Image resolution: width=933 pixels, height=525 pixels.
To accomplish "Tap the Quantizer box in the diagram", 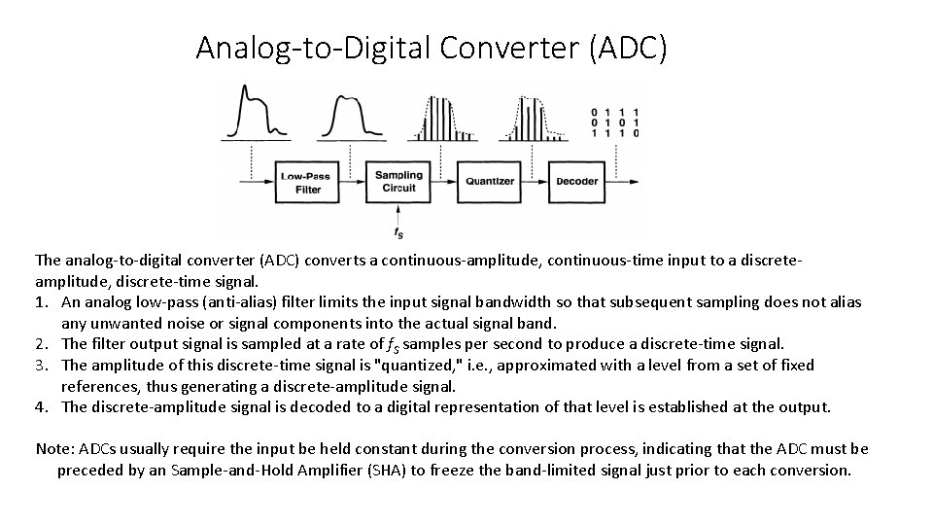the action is [x=490, y=182].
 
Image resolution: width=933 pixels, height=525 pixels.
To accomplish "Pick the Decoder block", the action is [x=576, y=182].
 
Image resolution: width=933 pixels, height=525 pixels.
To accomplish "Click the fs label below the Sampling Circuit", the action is [x=398, y=233].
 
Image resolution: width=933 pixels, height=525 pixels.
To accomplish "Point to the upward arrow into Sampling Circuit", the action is [x=398, y=214].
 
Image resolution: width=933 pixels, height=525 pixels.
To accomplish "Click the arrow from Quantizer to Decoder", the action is [x=536, y=182].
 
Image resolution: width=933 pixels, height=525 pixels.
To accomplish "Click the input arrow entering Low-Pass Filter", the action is [x=255, y=182].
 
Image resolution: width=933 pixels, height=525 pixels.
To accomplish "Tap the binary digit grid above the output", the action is [x=614, y=122].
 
